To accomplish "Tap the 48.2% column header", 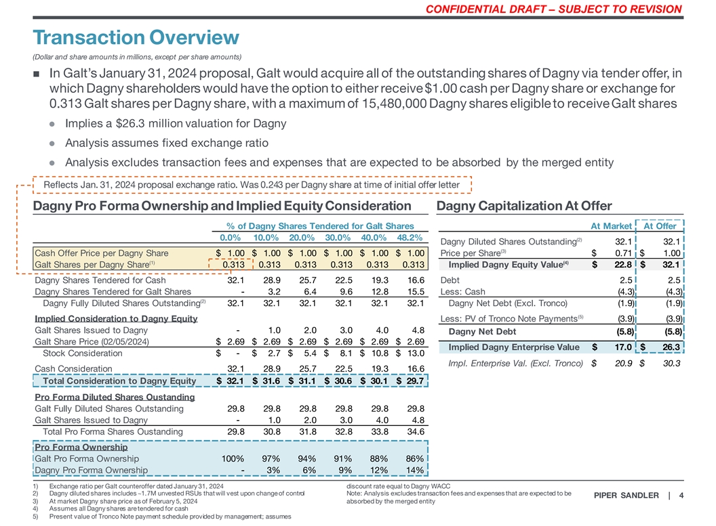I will [408, 238].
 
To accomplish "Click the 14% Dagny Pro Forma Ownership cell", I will [414, 470].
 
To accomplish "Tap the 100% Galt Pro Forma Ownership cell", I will [232, 459].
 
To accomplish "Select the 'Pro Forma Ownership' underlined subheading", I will [81, 447].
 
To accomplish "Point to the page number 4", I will [681, 496].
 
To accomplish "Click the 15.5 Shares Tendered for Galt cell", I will [414, 292].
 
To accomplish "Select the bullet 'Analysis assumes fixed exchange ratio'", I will [166, 143].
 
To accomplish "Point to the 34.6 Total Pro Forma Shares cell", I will [414, 431].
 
